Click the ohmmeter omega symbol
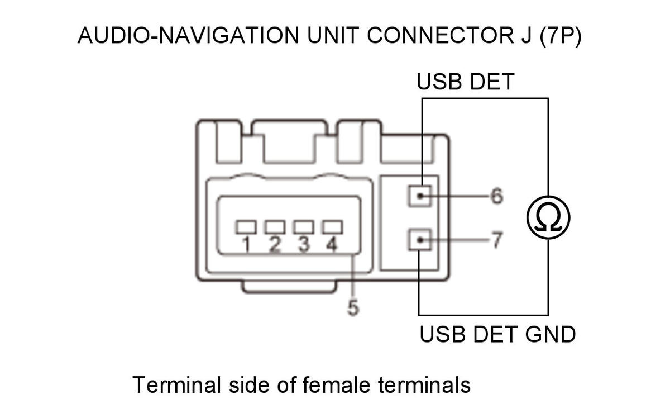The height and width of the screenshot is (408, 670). (548, 217)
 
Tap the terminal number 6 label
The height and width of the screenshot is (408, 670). (497, 196)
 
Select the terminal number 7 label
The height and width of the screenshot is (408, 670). (497, 240)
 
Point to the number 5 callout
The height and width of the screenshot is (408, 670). (353, 307)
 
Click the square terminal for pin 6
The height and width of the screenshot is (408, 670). (420, 196)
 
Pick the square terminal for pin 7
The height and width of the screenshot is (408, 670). (420, 240)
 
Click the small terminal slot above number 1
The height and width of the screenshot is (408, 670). (246, 227)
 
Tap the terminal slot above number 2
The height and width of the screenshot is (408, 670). (275, 227)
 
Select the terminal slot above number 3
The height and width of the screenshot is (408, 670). (304, 227)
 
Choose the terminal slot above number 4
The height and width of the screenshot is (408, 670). (332, 227)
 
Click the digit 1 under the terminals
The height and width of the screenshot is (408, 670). (246, 244)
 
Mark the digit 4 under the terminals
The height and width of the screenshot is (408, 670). (332, 244)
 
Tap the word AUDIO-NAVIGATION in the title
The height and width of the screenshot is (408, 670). (189, 35)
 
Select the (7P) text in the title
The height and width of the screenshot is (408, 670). (561, 36)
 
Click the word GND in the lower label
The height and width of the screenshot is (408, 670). (551, 334)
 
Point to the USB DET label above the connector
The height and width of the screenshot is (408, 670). (466, 82)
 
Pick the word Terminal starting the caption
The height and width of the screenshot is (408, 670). (177, 385)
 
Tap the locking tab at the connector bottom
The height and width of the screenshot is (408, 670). (289, 287)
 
